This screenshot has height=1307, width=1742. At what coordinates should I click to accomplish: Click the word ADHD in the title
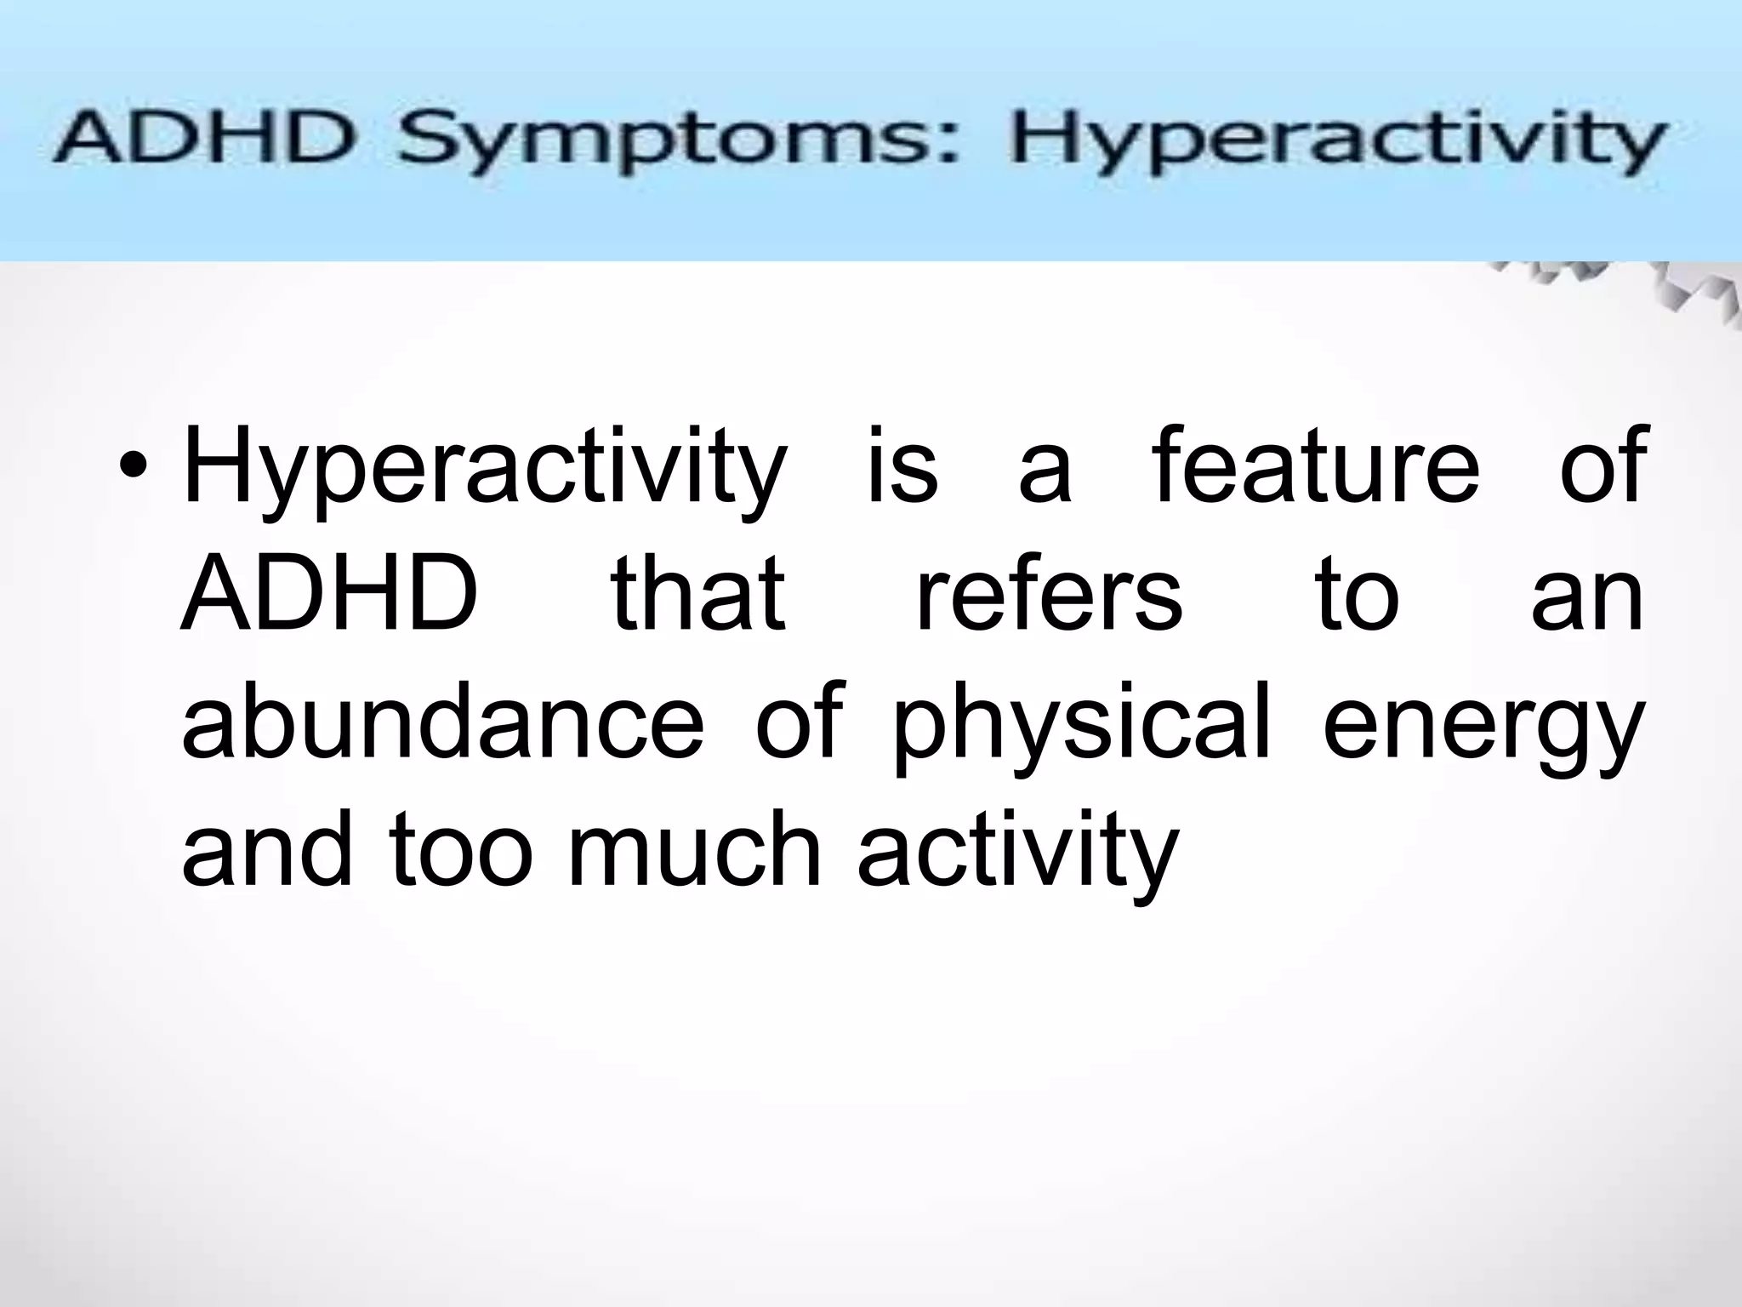(203, 144)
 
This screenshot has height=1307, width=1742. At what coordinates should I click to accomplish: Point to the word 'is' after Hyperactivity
(902, 465)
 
